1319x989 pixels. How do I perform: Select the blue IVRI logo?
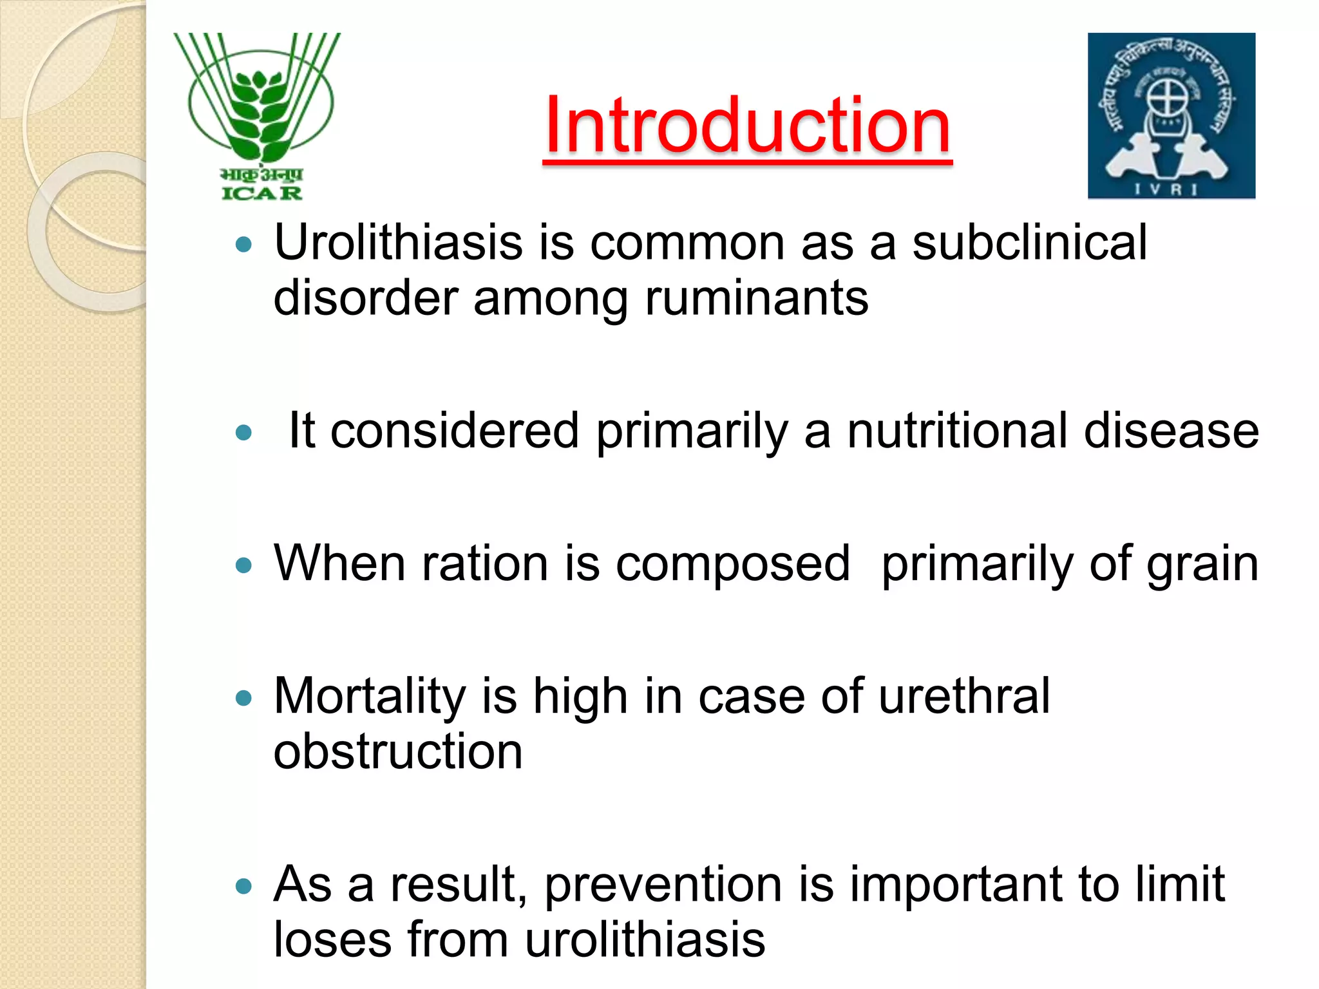click(1171, 116)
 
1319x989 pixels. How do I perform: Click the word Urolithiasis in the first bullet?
click(398, 243)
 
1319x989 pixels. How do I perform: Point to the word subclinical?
click(1029, 243)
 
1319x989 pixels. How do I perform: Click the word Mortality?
click(369, 696)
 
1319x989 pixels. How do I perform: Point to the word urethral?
click(963, 696)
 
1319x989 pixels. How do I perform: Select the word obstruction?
click(397, 752)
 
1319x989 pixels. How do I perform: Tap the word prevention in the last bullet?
click(663, 884)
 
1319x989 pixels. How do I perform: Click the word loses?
click(332, 939)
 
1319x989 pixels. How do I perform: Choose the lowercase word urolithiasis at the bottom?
click(645, 939)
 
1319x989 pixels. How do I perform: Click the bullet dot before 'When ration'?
click(243, 565)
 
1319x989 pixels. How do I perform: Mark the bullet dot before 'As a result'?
click(243, 886)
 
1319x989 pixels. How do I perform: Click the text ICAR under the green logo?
click(261, 193)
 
